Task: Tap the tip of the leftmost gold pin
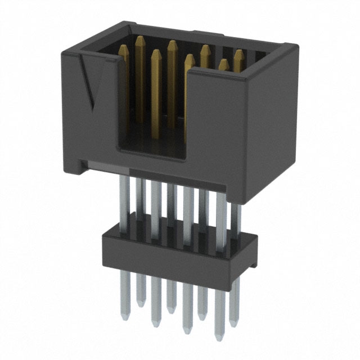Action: point(139,39)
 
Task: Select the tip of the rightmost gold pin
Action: point(238,53)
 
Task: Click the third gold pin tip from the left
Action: point(172,43)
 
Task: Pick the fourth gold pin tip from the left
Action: point(190,57)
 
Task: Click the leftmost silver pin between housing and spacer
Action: point(124,202)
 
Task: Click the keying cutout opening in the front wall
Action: point(152,112)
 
